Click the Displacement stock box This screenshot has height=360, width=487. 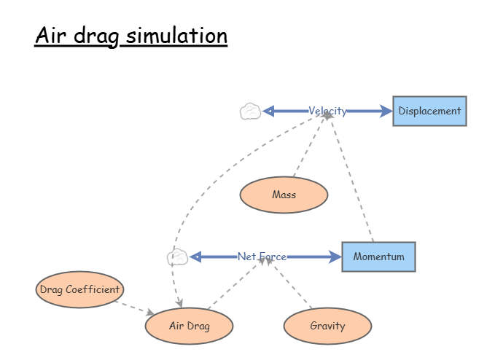[x=429, y=111]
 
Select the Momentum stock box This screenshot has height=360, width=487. [x=378, y=257]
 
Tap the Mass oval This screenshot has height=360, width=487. [x=284, y=195]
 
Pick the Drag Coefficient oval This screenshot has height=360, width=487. [x=79, y=289]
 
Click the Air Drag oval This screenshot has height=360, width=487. [x=189, y=326]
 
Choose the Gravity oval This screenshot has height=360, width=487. [x=327, y=326]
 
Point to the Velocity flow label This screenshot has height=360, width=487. [x=327, y=111]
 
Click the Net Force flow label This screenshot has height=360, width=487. [x=262, y=257]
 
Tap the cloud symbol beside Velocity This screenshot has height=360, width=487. [x=250, y=111]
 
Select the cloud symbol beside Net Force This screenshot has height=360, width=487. [x=177, y=257]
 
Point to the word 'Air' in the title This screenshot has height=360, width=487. [x=51, y=36]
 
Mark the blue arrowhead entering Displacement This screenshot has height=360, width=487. [x=386, y=111]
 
